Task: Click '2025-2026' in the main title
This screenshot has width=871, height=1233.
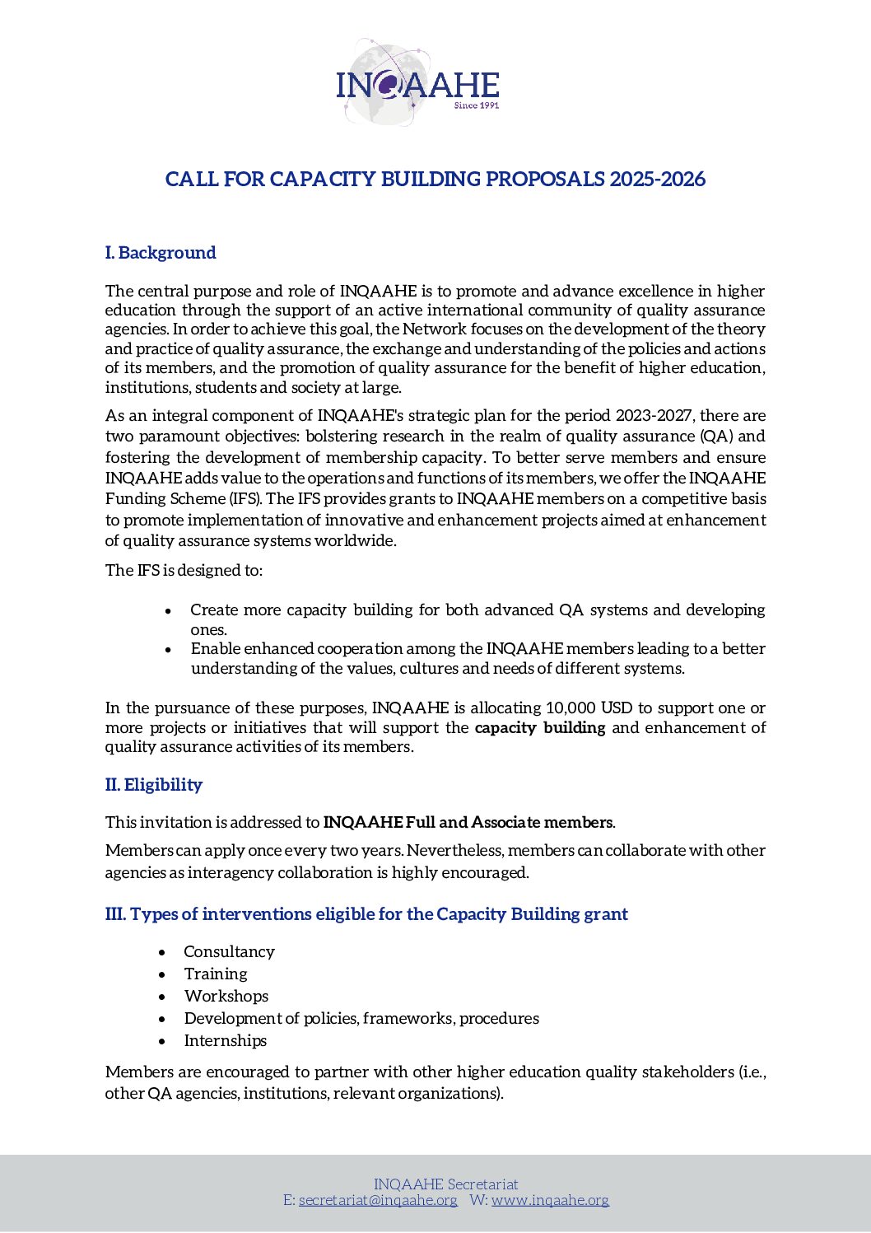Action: click(657, 180)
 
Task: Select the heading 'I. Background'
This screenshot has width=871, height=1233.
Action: click(161, 253)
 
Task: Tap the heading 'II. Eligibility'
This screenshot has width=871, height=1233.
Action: click(154, 785)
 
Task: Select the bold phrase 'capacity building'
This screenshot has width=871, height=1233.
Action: click(540, 728)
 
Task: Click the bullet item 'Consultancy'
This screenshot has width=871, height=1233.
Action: click(229, 952)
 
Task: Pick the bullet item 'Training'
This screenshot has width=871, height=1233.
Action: click(216, 974)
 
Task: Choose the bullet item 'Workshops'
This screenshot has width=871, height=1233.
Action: click(226, 997)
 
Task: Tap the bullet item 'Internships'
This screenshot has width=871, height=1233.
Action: click(226, 1041)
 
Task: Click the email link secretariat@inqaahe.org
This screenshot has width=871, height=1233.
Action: click(378, 1200)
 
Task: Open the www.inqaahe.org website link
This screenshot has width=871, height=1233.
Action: click(550, 1200)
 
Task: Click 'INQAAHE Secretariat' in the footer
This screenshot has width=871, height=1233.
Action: click(446, 1184)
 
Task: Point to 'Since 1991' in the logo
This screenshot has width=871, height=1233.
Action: click(477, 105)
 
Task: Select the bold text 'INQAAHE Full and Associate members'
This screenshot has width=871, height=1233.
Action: click(468, 823)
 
